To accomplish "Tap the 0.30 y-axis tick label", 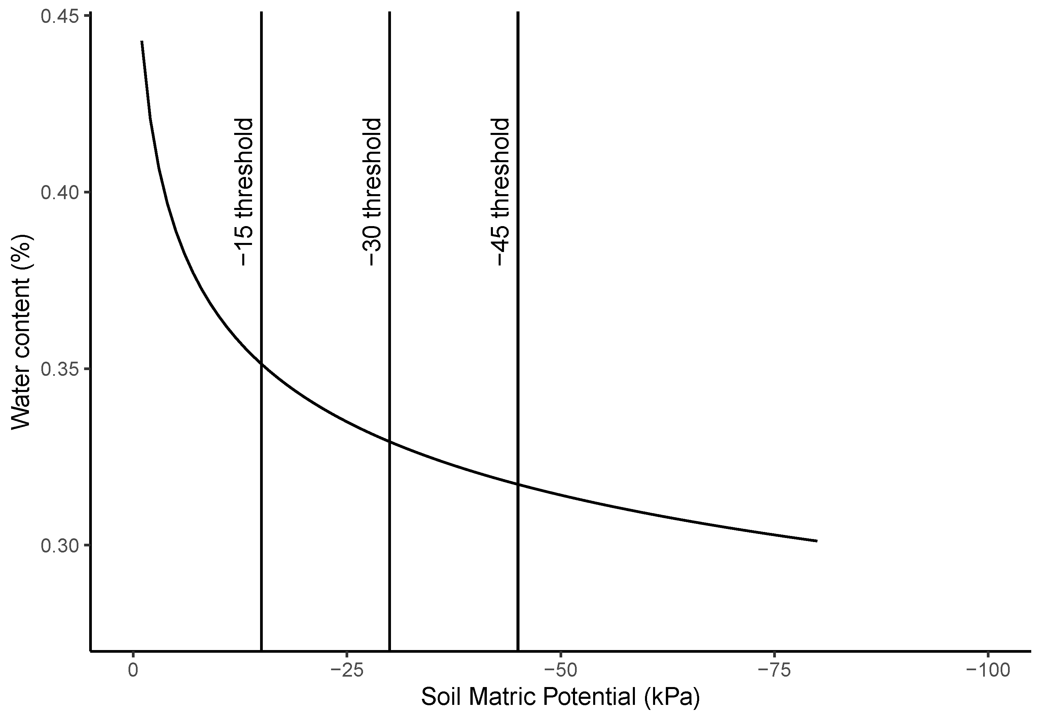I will tap(59, 545).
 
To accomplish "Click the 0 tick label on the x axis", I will tap(133, 671).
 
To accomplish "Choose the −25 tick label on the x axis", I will tap(347, 671).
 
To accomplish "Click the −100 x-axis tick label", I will tap(988, 671).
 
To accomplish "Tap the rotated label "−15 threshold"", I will tap(244, 192).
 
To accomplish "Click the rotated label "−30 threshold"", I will tap(372, 192).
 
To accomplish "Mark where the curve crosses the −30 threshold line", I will tap(390, 442).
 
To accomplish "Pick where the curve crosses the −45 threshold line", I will tap(518, 484).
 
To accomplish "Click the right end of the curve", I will tap(816, 541).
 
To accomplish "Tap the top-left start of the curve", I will tap(142, 42).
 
